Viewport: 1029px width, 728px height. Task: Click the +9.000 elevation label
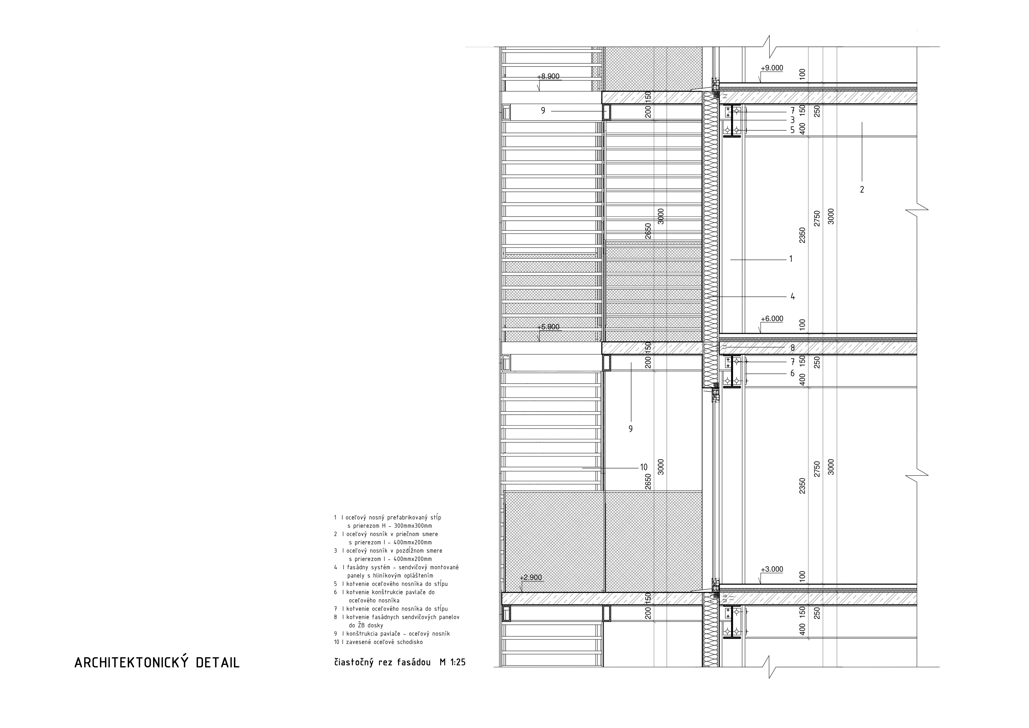[772, 68]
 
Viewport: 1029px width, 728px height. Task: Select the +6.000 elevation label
[772, 319]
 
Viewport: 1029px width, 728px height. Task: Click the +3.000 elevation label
[772, 569]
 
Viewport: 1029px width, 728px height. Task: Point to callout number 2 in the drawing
[862, 190]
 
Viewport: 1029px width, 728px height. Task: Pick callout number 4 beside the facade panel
[792, 296]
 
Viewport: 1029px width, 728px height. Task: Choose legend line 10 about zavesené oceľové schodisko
[378, 642]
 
